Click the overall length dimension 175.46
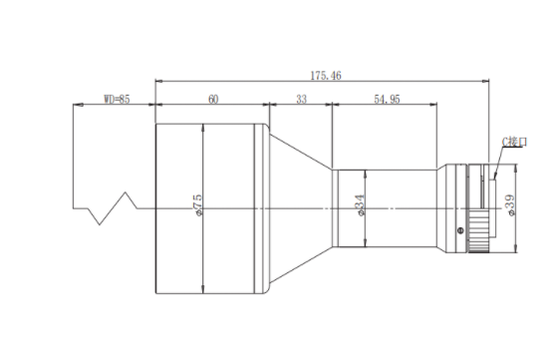coord(326,76)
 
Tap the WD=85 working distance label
coord(117,99)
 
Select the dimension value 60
coord(213,100)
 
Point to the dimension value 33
coord(301,100)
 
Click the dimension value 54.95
coord(387,100)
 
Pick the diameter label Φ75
coord(198,204)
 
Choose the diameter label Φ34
coord(361,205)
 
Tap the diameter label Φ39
coord(510,205)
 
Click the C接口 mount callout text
coord(514,142)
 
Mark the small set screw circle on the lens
coord(460,230)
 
